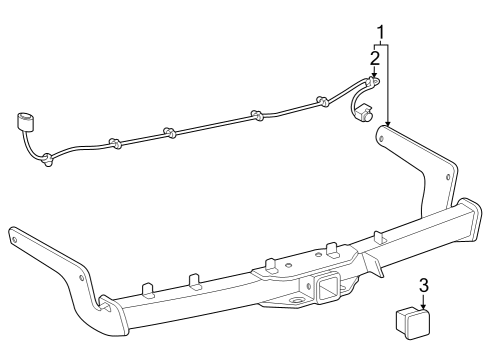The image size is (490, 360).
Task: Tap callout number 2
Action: (x=374, y=56)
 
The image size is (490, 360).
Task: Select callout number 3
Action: (x=424, y=285)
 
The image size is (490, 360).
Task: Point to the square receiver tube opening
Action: (x=327, y=291)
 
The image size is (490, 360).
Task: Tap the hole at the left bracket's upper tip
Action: (x=15, y=238)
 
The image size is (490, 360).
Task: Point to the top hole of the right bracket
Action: (x=381, y=134)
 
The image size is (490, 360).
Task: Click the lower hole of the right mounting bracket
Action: (x=447, y=180)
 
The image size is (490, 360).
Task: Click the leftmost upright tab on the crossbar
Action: (x=147, y=289)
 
